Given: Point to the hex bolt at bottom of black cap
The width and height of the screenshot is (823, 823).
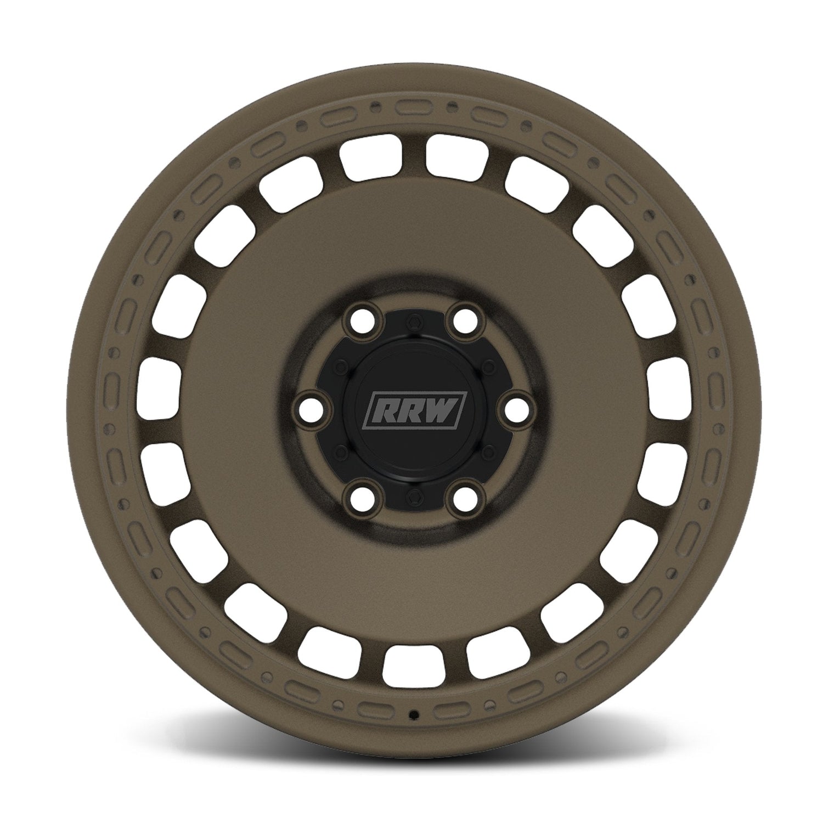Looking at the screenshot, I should click(x=411, y=497).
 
